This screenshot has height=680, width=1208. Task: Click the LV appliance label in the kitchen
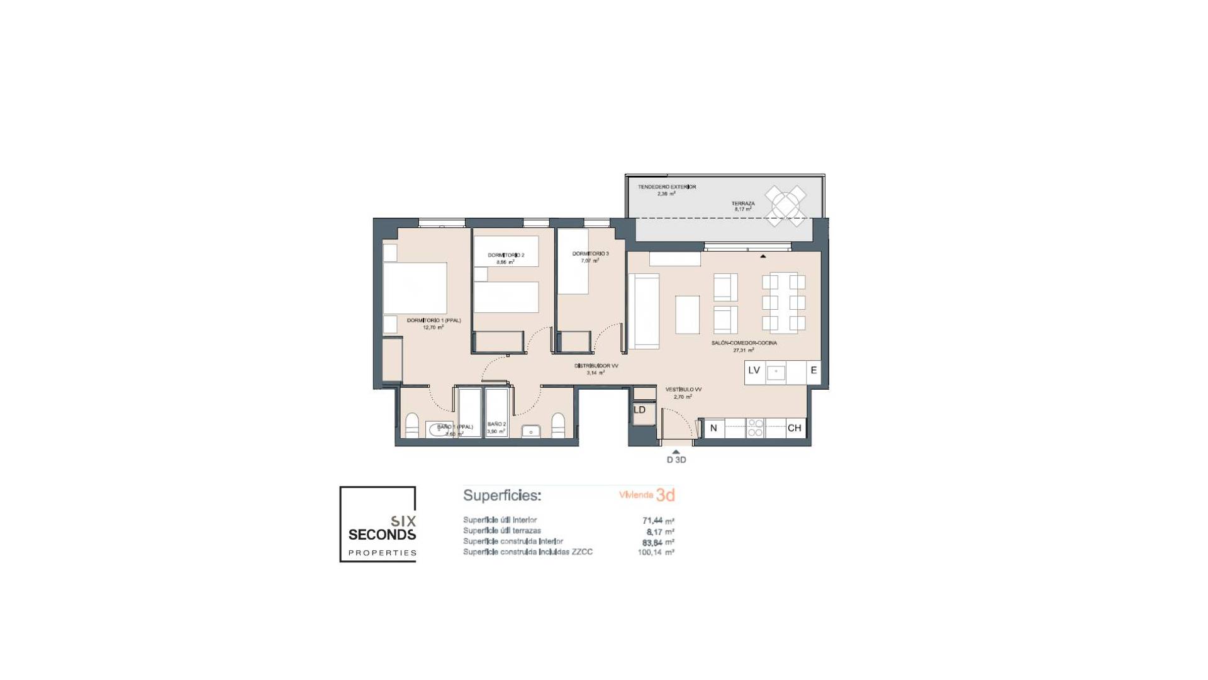click(x=754, y=371)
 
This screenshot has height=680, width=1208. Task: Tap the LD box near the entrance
click(x=639, y=410)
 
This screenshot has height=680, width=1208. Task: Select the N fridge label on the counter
click(x=713, y=428)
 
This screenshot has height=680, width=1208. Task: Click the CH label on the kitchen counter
click(x=794, y=428)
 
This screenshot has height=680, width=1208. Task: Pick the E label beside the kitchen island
click(x=814, y=371)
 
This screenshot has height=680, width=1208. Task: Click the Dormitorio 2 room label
click(x=506, y=256)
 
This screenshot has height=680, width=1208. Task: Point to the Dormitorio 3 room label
click(x=590, y=254)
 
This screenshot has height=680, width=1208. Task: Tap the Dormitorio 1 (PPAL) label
click(x=433, y=321)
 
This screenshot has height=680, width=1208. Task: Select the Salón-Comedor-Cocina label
click(x=744, y=343)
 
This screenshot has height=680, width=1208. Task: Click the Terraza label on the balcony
click(x=742, y=204)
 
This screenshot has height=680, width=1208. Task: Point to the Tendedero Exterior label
click(x=667, y=187)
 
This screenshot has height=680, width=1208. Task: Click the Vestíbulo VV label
click(x=683, y=390)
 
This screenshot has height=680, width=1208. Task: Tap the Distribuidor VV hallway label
click(x=596, y=366)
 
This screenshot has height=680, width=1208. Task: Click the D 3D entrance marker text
click(x=676, y=460)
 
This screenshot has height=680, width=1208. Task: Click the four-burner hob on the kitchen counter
click(x=755, y=428)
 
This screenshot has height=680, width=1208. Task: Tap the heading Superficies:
click(x=502, y=496)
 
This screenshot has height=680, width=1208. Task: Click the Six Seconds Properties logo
click(x=378, y=524)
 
